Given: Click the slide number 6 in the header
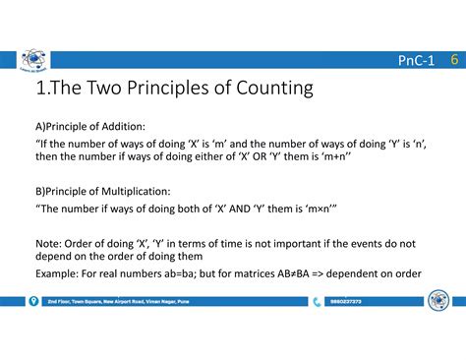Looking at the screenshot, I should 455,61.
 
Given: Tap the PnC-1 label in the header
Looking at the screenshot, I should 417,62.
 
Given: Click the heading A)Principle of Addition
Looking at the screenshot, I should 89,125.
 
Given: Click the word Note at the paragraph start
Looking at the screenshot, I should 49,243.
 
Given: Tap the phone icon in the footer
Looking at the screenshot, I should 317,302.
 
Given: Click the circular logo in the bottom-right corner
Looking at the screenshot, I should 437,300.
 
